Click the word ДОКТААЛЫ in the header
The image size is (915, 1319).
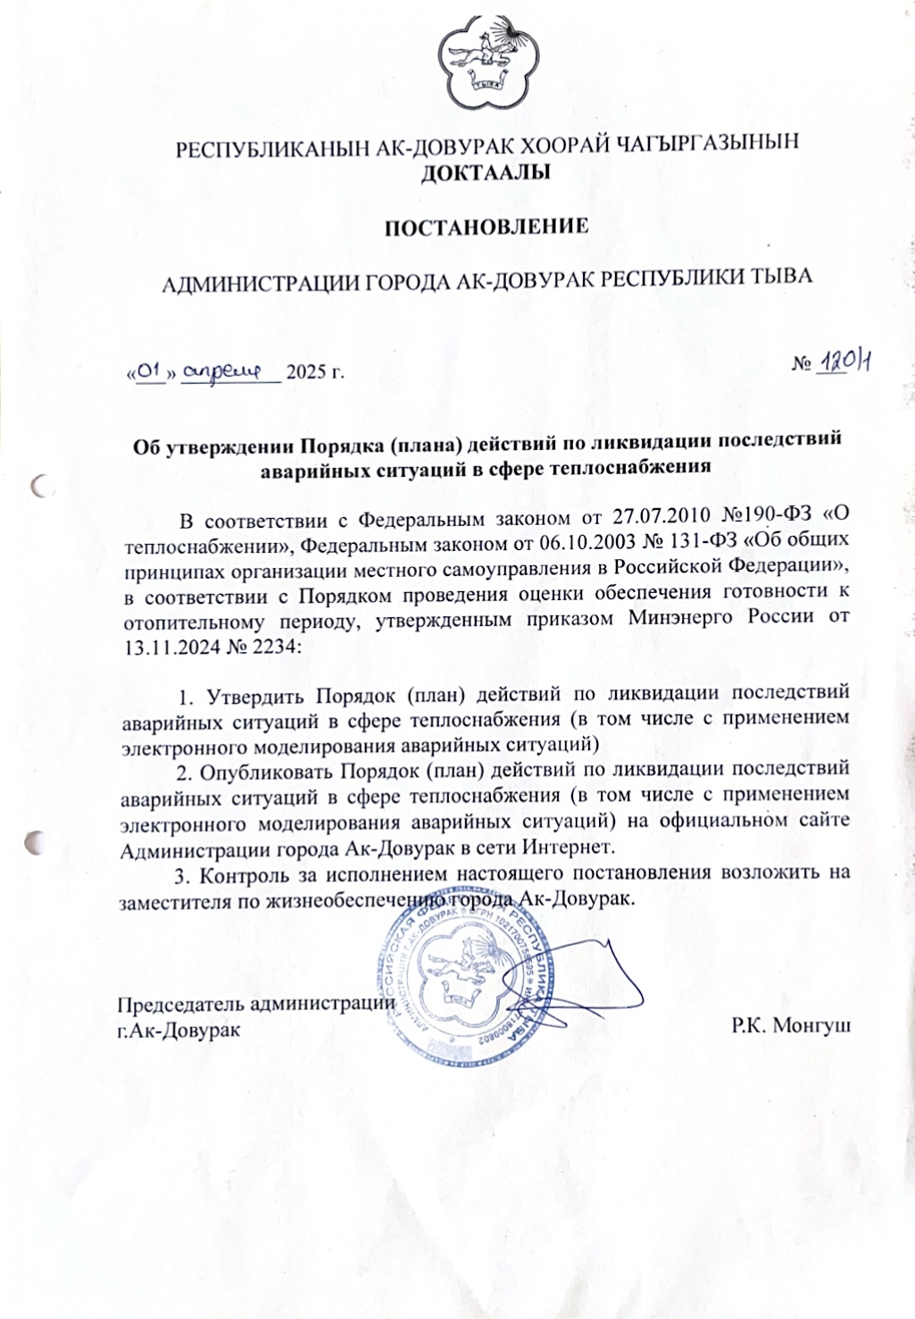pyautogui.click(x=485, y=171)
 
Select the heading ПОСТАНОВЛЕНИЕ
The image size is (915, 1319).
pyautogui.click(x=486, y=226)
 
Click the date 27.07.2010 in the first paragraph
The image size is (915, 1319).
pyautogui.click(x=660, y=518)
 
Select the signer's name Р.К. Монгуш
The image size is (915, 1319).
pyautogui.click(x=791, y=1026)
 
